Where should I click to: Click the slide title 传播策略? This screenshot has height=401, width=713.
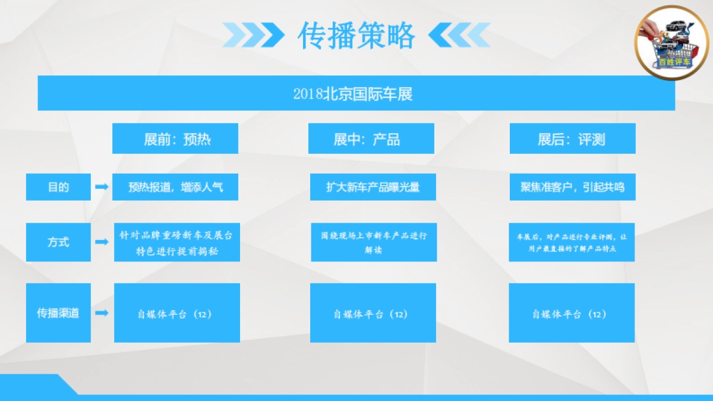point(356,36)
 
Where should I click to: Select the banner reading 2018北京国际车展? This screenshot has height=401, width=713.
point(356,93)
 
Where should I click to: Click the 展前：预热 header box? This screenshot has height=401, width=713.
point(175,138)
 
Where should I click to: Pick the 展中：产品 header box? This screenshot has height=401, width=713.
point(371,138)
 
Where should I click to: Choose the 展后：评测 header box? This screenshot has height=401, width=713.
point(572,138)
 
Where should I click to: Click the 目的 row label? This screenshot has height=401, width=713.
point(58,187)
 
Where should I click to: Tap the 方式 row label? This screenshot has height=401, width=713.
point(58,242)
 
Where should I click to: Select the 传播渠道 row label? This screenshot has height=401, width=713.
point(58,313)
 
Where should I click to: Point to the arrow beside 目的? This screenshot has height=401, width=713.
point(102,187)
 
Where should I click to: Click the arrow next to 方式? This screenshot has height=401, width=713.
point(102,242)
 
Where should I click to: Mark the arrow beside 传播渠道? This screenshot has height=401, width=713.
point(102,312)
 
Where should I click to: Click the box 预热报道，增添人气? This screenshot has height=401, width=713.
point(175,187)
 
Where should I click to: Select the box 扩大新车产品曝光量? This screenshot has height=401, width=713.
point(373,187)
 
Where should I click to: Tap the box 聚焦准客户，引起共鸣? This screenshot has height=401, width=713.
point(572,187)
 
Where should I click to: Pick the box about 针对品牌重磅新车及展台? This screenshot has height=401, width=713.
point(177,242)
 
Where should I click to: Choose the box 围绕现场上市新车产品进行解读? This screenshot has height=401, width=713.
point(374,242)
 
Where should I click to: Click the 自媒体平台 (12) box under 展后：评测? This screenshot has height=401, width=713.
point(572,313)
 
